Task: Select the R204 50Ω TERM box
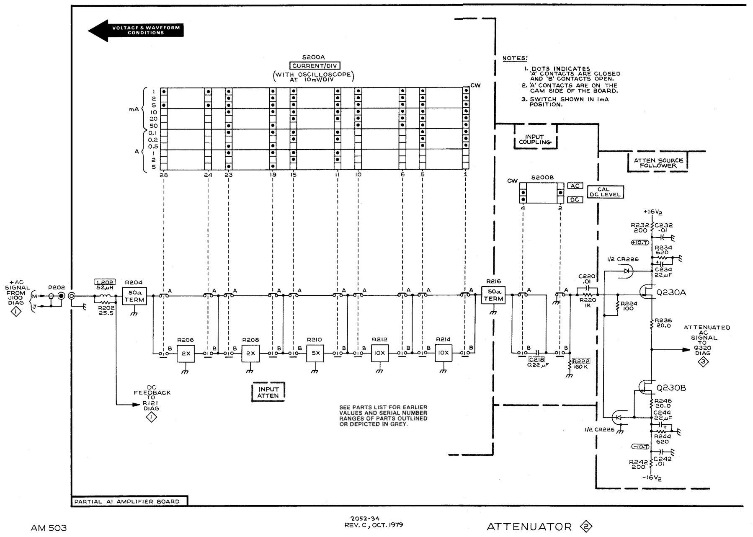[134, 296]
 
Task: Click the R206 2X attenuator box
[186, 354]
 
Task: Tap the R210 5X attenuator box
[315, 354]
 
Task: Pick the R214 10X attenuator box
[444, 354]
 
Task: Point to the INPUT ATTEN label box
[268, 392]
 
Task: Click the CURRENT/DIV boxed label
[315, 66]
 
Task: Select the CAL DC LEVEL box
[605, 192]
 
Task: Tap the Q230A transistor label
[671, 293]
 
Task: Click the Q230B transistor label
[671, 388]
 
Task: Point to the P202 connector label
[56, 287]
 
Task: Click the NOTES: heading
[515, 58]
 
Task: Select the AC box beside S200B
[575, 186]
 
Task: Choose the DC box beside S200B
[575, 200]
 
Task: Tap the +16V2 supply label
[653, 212]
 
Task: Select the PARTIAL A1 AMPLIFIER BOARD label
[127, 501]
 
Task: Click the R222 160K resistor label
[581, 364]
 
